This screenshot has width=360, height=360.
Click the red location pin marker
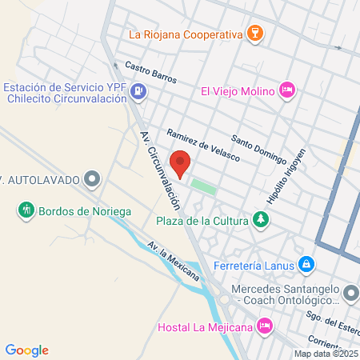tap(182, 163)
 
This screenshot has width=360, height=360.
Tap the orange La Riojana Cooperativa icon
tap(254, 34)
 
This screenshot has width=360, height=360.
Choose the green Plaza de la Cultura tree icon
tap(260, 218)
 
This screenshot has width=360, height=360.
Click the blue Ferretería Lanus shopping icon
tap(306, 262)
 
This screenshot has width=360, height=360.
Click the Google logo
tap(27, 350)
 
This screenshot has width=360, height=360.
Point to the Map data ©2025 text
tap(326, 354)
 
